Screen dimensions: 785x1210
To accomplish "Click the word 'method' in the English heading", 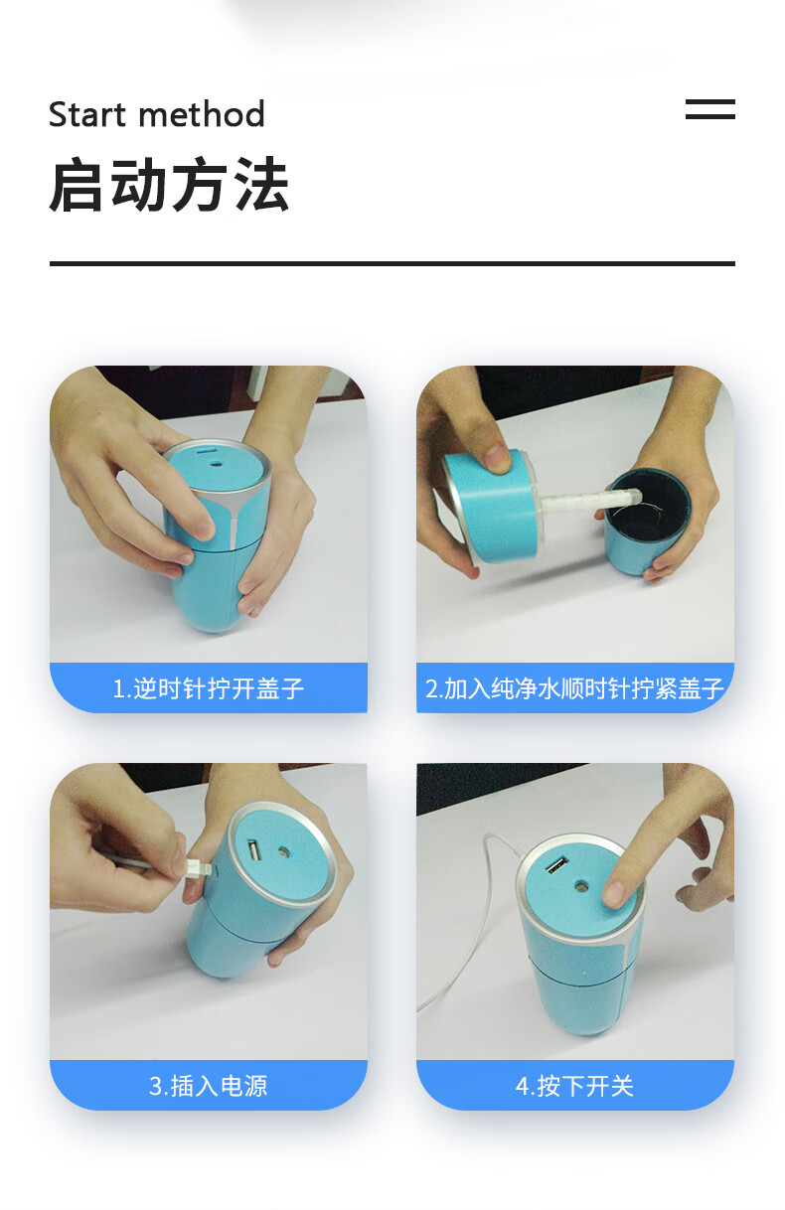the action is tap(202, 114).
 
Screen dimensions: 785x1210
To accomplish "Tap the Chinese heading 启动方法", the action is tap(169, 184).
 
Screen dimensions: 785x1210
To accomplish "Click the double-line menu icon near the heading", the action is tap(709, 109).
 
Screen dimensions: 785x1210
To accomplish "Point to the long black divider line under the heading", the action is tap(392, 263).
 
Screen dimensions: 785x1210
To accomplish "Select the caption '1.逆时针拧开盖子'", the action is tap(208, 688).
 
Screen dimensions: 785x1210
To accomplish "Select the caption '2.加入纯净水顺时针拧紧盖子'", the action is tap(574, 688).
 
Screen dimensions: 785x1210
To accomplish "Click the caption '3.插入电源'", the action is tap(208, 1086).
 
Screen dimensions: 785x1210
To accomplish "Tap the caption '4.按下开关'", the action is tap(574, 1086).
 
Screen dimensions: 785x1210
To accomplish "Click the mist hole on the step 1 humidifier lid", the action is tap(217, 464).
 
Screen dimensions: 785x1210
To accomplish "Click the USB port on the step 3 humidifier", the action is tap(254, 850).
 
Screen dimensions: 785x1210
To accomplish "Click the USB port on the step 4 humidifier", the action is tap(557, 864).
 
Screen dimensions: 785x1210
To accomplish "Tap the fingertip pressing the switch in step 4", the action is tap(614, 892).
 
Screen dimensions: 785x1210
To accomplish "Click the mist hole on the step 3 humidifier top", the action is tap(283, 852).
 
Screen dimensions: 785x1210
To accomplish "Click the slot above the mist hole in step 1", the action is tap(206, 450).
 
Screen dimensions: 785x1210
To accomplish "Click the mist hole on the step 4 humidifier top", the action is tap(582, 887).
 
